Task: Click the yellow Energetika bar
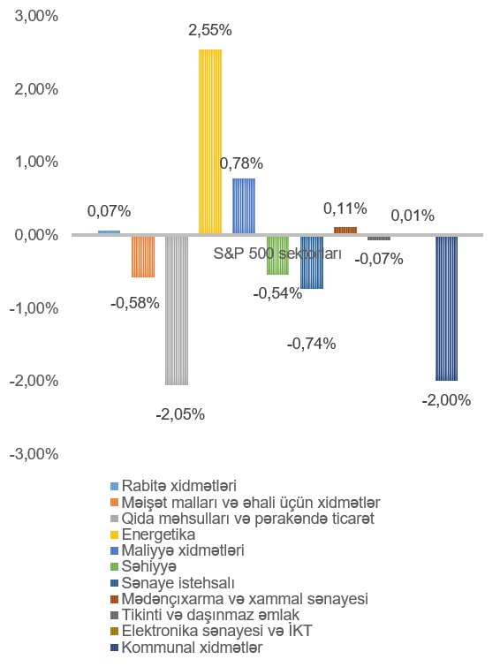click(x=210, y=141)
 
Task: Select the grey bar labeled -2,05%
click(x=177, y=310)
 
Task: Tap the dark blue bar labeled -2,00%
click(x=446, y=308)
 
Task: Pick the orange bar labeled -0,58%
click(x=143, y=257)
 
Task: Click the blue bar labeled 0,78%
click(x=244, y=206)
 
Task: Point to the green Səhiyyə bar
click(x=278, y=255)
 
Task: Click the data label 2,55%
click(x=210, y=30)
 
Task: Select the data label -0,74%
click(x=312, y=344)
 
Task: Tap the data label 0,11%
click(x=345, y=208)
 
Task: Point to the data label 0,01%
click(x=413, y=216)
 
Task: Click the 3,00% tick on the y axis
click(x=36, y=16)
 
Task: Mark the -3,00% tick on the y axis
click(x=34, y=454)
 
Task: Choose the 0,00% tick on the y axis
click(x=36, y=235)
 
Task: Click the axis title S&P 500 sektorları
click(x=277, y=254)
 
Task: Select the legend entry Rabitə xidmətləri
click(x=174, y=486)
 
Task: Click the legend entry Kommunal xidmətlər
click(x=186, y=648)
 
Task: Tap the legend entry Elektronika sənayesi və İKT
click(x=211, y=631)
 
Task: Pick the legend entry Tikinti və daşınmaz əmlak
click(x=205, y=615)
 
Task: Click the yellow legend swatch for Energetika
click(x=114, y=534)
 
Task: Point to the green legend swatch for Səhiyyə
click(x=114, y=566)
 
